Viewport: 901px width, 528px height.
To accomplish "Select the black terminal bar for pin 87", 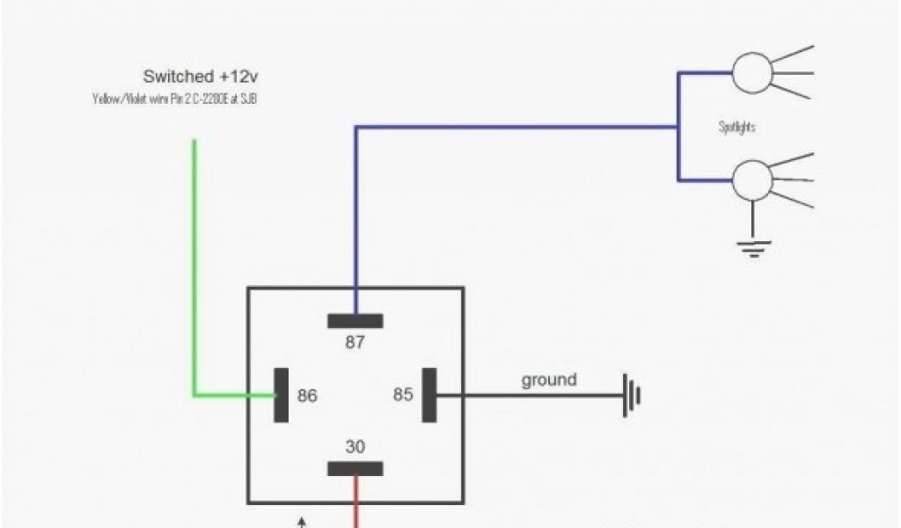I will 355,320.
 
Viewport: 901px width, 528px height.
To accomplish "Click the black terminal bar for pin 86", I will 282,394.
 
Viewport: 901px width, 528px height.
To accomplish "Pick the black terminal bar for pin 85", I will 429,394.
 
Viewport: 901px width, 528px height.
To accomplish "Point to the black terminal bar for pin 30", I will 355,469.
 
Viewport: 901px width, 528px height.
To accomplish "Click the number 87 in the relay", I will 355,342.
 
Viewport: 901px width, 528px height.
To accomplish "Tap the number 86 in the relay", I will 307,396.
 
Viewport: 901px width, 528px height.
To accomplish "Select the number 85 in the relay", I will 403,395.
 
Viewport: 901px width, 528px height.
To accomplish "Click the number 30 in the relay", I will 355,447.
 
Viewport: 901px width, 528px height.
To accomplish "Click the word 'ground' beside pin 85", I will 549,380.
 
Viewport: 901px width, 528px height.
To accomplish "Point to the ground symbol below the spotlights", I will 752,246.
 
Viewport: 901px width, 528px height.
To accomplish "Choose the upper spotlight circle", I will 752,72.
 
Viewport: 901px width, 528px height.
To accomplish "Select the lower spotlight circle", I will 752,180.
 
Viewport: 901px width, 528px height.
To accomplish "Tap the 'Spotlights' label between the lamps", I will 737,128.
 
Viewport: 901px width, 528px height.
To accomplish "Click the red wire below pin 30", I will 355,502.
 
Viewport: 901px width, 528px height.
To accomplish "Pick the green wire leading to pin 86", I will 194,264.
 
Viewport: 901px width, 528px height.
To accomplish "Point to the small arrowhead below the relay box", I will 303,522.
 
